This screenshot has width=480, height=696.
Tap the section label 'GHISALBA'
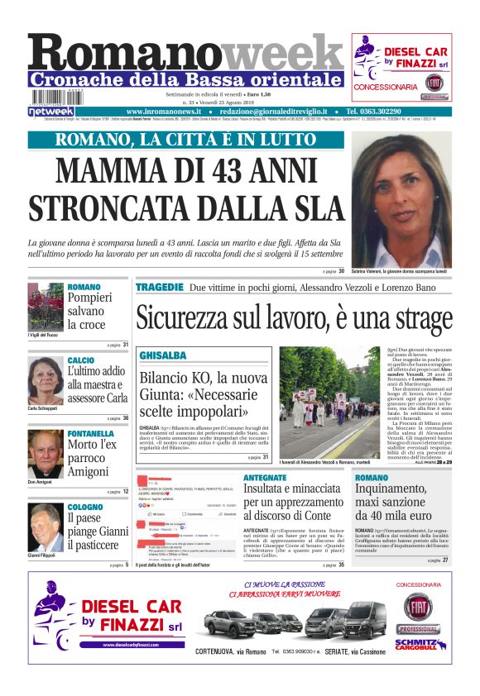click(x=162, y=355)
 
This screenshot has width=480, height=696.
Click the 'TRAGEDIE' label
click(x=159, y=287)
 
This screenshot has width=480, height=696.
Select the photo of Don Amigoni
click(x=45, y=454)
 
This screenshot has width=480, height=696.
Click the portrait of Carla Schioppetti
click(x=45, y=379)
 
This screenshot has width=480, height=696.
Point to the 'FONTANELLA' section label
click(x=90, y=433)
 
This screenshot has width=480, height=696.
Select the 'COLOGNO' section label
click(x=85, y=506)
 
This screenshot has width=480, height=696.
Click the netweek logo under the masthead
click(x=50, y=111)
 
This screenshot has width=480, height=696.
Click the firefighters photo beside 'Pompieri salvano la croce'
click(x=45, y=306)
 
